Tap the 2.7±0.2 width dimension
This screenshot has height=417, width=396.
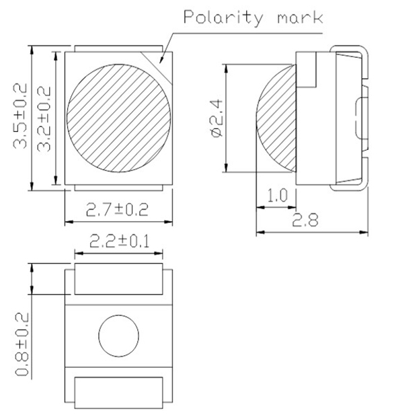117,210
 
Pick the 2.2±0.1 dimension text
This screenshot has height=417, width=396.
118,241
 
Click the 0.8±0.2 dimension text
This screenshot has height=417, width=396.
23,344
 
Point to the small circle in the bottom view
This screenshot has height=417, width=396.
118,334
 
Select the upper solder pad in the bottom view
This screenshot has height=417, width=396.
118,280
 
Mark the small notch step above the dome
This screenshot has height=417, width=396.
309,71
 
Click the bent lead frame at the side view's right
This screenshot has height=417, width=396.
363,118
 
